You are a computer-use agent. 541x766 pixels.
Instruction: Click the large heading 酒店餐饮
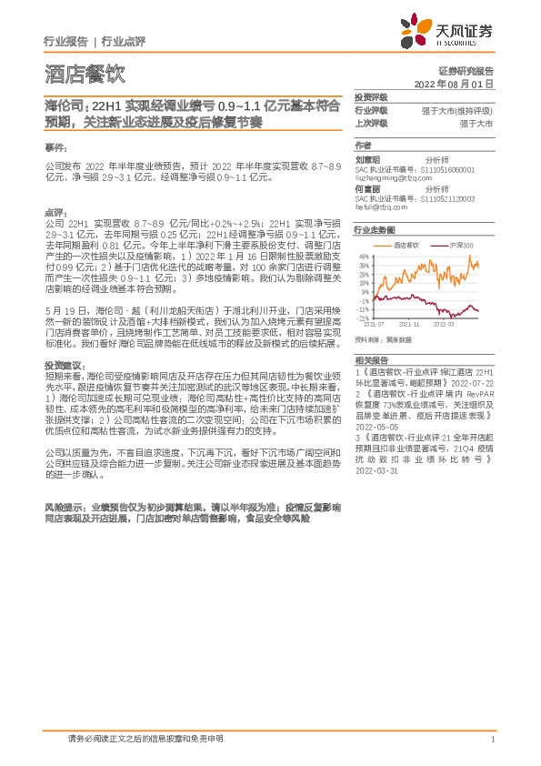84,74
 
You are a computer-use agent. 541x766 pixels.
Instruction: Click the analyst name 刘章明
367,158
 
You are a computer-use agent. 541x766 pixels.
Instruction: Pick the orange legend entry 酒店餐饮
405,246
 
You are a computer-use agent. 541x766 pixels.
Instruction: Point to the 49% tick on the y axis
364,257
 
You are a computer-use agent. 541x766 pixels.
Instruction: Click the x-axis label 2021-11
409,322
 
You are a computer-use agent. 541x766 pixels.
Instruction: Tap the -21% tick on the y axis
363,317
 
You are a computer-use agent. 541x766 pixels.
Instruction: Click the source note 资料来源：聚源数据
383,338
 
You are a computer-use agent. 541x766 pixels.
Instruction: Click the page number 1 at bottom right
492,739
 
